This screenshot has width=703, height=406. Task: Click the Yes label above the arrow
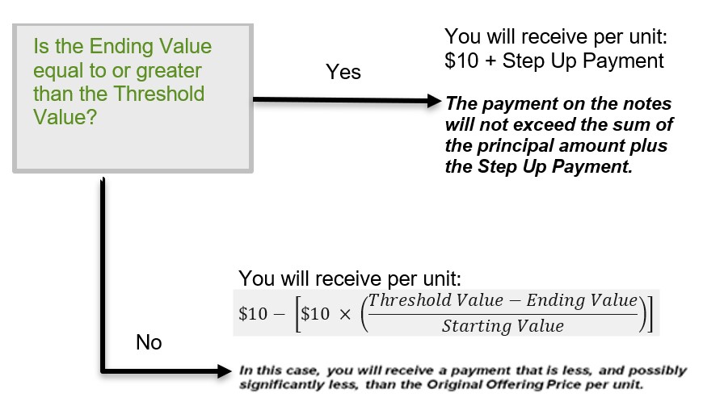click(343, 72)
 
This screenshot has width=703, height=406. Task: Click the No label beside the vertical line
click(149, 342)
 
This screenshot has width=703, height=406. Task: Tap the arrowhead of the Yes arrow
click(435, 101)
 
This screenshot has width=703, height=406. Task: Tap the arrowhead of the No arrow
click(225, 370)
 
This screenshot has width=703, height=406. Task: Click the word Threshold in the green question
click(159, 94)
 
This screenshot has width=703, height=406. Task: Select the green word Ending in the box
click(121, 47)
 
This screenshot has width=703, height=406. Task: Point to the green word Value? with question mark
click(65, 117)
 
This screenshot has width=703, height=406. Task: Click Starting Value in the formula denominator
click(503, 326)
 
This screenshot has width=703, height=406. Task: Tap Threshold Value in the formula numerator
click(436, 300)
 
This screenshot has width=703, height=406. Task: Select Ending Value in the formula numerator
click(582, 300)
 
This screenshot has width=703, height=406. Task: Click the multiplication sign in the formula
click(345, 315)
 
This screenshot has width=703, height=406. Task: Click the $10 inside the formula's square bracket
click(315, 314)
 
